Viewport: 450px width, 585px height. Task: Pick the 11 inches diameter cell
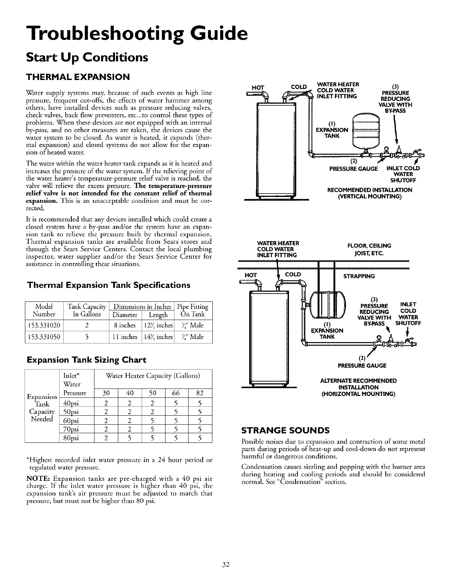tap(125, 337)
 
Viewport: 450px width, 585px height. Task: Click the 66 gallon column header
tap(176, 393)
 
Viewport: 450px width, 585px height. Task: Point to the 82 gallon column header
tap(199, 393)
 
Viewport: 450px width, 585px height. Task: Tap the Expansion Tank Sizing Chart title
tap(86, 360)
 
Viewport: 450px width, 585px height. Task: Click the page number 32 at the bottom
tap(225, 565)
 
